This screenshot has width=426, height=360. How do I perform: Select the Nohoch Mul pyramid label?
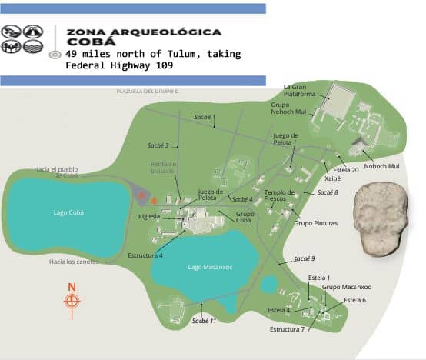click(381, 166)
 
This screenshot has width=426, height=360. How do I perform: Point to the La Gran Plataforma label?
click(299, 91)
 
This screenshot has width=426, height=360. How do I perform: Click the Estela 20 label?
click(346, 170)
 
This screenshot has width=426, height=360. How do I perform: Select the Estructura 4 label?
click(145, 255)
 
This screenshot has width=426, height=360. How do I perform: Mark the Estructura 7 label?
click(288, 329)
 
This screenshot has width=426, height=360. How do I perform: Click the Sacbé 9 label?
click(305, 258)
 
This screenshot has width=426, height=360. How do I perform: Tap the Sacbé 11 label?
click(204, 320)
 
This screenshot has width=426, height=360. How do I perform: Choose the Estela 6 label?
click(354, 300)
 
